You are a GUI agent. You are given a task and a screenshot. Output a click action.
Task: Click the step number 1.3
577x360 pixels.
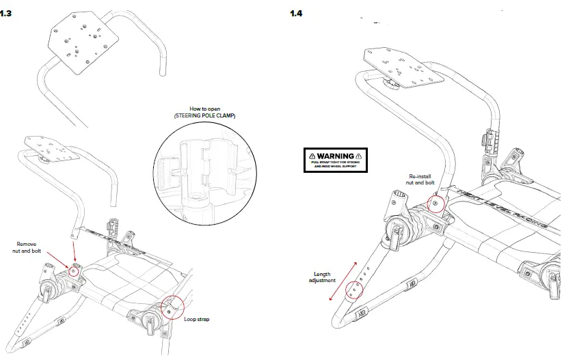(x=6, y=14)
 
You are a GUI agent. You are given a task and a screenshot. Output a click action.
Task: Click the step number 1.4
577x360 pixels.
(x=296, y=14)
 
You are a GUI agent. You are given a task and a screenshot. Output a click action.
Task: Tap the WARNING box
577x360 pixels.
(x=335, y=160)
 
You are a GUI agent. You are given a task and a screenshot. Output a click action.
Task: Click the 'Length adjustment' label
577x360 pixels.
(x=322, y=277)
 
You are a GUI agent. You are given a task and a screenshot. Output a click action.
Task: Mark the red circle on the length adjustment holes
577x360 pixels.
(x=354, y=290)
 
